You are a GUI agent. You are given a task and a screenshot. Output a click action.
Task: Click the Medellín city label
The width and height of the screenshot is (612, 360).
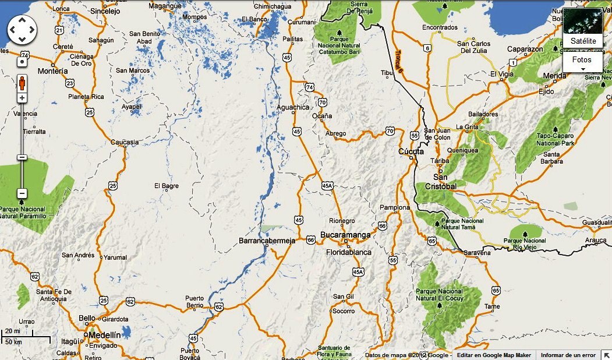pyautogui.click(x=105, y=335)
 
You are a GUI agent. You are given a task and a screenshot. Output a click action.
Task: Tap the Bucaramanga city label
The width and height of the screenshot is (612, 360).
pyautogui.click(x=345, y=235)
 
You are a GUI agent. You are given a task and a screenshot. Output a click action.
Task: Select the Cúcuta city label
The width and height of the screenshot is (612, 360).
pyautogui.click(x=411, y=151)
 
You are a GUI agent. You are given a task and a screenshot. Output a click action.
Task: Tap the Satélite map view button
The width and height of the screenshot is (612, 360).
pyautogui.click(x=583, y=41)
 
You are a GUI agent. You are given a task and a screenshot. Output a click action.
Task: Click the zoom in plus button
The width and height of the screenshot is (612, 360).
pyautogui.click(x=22, y=98)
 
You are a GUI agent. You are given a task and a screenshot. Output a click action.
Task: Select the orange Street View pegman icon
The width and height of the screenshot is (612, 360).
pyautogui.click(x=22, y=83)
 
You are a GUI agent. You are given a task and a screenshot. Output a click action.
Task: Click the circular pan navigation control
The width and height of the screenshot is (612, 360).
pyautogui.click(x=22, y=29)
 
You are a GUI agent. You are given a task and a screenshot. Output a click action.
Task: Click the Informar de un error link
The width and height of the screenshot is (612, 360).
pyautogui.click(x=568, y=355)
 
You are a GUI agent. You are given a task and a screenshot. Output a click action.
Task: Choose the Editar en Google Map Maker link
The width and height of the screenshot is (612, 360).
pyautogui.click(x=494, y=355)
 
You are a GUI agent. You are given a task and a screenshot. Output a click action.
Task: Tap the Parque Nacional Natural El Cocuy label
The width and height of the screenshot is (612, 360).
pyautogui.click(x=440, y=295)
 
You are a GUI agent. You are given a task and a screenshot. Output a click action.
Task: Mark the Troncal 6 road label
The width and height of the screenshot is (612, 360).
pyautogui.click(x=398, y=61)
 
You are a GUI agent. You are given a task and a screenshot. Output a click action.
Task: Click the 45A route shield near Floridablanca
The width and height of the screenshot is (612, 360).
pyautogui.click(x=358, y=272)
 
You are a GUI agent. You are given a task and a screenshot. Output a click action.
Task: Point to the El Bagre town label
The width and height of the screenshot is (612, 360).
pyautogui.click(x=166, y=186)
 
